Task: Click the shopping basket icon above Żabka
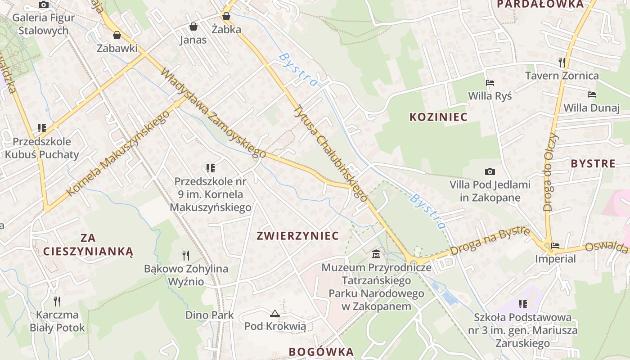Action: click(x=226, y=17)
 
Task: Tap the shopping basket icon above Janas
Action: click(x=193, y=27)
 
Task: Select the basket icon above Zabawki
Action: click(x=117, y=35)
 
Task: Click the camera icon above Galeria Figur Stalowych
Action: click(x=44, y=5)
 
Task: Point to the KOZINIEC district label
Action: click(x=438, y=117)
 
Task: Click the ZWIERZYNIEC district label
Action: click(x=297, y=236)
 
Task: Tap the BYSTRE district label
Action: click(x=593, y=163)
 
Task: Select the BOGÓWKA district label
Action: click(x=321, y=351)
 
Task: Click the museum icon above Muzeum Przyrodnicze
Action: click(x=376, y=255)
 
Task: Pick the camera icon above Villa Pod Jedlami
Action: click(x=490, y=171)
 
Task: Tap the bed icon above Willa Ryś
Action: click(x=490, y=83)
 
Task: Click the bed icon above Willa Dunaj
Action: click(x=592, y=94)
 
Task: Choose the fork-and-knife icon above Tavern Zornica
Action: click(x=562, y=62)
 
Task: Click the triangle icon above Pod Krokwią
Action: click(x=275, y=313)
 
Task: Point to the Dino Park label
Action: click(x=210, y=315)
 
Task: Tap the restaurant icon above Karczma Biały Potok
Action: click(x=57, y=301)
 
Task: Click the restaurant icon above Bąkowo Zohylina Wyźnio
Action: click(x=186, y=256)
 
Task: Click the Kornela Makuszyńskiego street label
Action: click(x=118, y=153)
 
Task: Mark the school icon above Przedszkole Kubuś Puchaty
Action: click(x=42, y=128)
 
